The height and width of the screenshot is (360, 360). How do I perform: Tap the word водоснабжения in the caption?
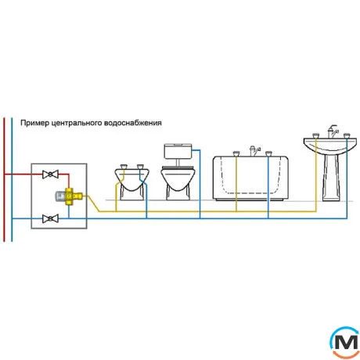[133, 123]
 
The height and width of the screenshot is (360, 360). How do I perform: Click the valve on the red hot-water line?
[50, 175]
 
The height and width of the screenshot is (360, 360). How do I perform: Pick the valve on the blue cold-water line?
[50, 218]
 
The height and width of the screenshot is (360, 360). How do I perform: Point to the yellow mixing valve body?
[72, 196]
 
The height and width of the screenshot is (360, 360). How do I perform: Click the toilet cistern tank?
[178, 151]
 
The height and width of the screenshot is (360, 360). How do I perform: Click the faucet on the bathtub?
[254, 151]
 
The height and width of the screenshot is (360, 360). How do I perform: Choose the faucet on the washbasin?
[333, 131]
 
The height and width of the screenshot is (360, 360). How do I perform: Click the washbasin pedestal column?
[331, 178]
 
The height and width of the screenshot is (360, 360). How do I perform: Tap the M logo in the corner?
[345, 342]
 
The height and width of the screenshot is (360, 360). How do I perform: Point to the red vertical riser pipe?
[4, 179]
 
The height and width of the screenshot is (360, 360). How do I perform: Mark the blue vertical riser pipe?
[12, 179]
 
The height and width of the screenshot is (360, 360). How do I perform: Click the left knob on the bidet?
[123, 167]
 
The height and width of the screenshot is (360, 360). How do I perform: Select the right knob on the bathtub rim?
[268, 153]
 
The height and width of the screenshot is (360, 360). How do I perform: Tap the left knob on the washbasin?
[315, 135]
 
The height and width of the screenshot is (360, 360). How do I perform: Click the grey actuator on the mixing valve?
[60, 196]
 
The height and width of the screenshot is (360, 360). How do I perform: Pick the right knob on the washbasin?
[347, 135]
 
